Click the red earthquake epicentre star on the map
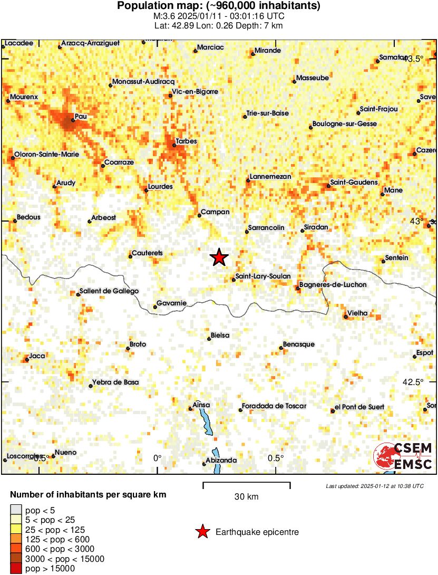coord(219,257)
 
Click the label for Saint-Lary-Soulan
coord(262,276)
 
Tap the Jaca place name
coord(37,356)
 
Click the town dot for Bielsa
coord(209,339)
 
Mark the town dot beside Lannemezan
coord(248,181)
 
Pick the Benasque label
coord(298,344)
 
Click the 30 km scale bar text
coord(246,496)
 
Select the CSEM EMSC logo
coord(403,456)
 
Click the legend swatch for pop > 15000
coord(16,569)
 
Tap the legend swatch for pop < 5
coord(16,509)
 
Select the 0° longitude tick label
coord(157,458)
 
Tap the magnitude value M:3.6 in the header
coord(161,16)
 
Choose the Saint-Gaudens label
coord(354,182)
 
